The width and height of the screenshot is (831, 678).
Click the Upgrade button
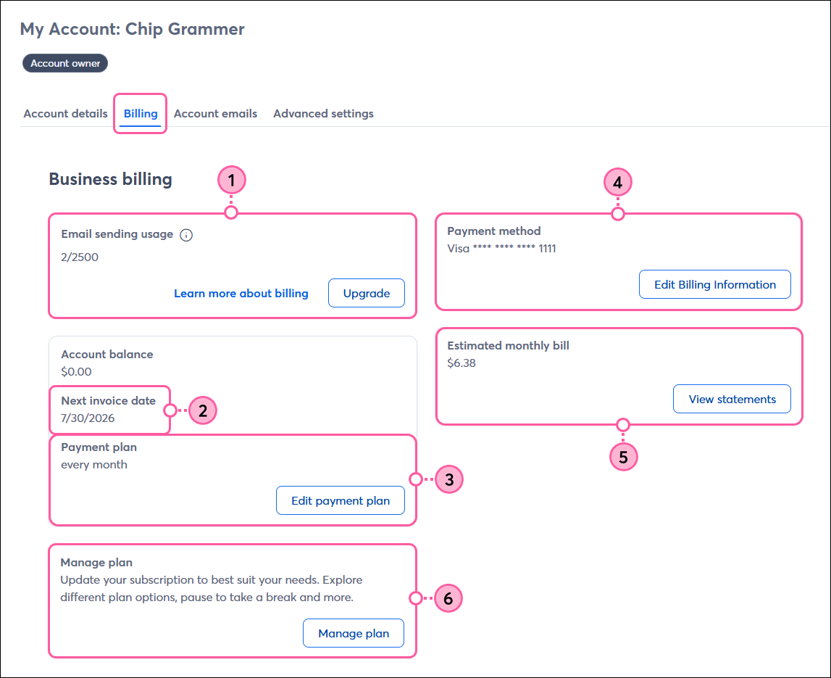pyautogui.click(x=366, y=293)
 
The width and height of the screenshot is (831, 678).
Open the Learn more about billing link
pyautogui.click(x=241, y=294)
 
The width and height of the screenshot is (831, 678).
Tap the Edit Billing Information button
pyautogui.click(x=715, y=284)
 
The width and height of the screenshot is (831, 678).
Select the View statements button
pyautogui.click(x=732, y=399)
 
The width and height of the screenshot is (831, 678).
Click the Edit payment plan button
pyautogui.click(x=341, y=500)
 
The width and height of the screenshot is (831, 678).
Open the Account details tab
pyautogui.click(x=66, y=114)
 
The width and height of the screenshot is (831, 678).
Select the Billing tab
pyautogui.click(x=141, y=114)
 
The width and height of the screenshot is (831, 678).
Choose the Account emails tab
pyautogui.click(x=215, y=114)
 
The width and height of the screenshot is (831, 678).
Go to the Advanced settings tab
pyautogui.click(x=323, y=114)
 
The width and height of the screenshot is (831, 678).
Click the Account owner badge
pyautogui.click(x=65, y=63)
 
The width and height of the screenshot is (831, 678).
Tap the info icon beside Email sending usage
pyautogui.click(x=186, y=235)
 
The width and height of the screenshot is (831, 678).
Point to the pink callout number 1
pyautogui.click(x=232, y=181)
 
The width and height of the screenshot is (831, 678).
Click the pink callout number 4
pyautogui.click(x=618, y=183)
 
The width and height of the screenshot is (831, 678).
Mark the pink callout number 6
pyautogui.click(x=448, y=598)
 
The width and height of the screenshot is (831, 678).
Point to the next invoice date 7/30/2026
pyautogui.click(x=88, y=418)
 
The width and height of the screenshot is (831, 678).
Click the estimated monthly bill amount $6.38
pyautogui.click(x=462, y=363)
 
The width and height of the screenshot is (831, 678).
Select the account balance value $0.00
pyautogui.click(x=76, y=371)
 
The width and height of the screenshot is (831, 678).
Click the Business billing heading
pyautogui.click(x=110, y=179)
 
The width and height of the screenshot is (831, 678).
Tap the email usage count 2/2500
pyautogui.click(x=80, y=257)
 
